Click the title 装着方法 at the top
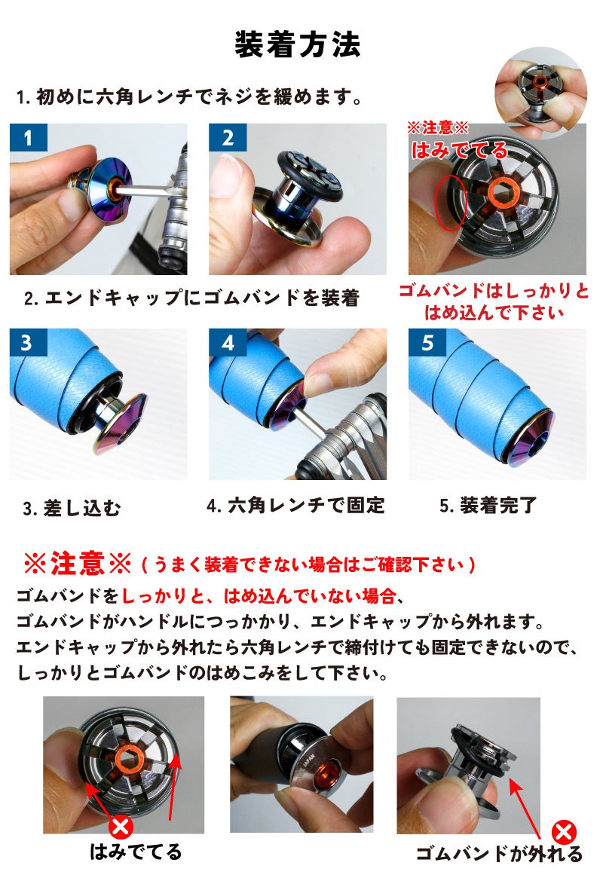297,44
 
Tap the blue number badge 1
28,138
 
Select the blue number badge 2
228,138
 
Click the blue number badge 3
28,343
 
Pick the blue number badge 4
228,343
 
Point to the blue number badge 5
427,343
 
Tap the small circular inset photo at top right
540,93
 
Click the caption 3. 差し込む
72,508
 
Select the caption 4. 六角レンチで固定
295,505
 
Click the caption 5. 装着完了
488,505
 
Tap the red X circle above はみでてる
120,827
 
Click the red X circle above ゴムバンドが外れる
563,832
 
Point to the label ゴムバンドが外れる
499,854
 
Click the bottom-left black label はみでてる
136,852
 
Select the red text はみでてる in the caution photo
459,150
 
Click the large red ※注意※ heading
78,563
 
